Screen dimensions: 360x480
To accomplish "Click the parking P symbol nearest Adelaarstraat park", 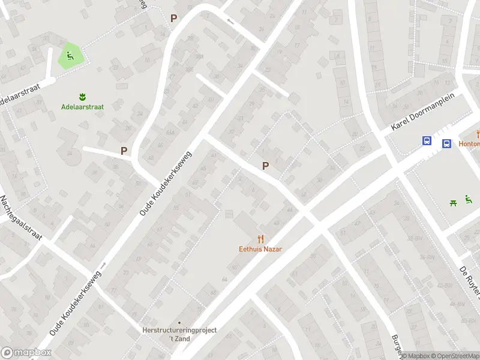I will [x=124, y=151].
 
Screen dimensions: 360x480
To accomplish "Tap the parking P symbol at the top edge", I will [x=174, y=19].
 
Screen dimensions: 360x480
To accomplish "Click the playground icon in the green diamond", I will [x=71, y=57].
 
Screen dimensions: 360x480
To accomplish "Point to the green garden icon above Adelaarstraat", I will [x=82, y=97].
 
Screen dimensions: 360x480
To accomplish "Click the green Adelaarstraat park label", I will [x=82, y=107].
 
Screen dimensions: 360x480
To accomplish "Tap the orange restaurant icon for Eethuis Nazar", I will [x=260, y=238].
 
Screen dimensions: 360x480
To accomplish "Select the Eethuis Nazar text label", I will [x=260, y=249].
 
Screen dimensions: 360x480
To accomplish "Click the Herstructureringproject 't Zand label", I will [x=179, y=334].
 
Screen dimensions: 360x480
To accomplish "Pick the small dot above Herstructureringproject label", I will [x=179, y=323].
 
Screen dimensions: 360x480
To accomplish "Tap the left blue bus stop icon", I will [x=427, y=141].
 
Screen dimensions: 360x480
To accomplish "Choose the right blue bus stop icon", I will [x=447, y=143].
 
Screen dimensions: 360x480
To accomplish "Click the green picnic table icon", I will [x=453, y=203].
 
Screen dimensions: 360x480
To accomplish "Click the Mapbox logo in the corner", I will [x=26, y=353].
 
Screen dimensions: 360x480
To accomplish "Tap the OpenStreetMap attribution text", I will [x=454, y=356].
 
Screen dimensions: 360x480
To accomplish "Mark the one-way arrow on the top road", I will [x=230, y=22].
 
